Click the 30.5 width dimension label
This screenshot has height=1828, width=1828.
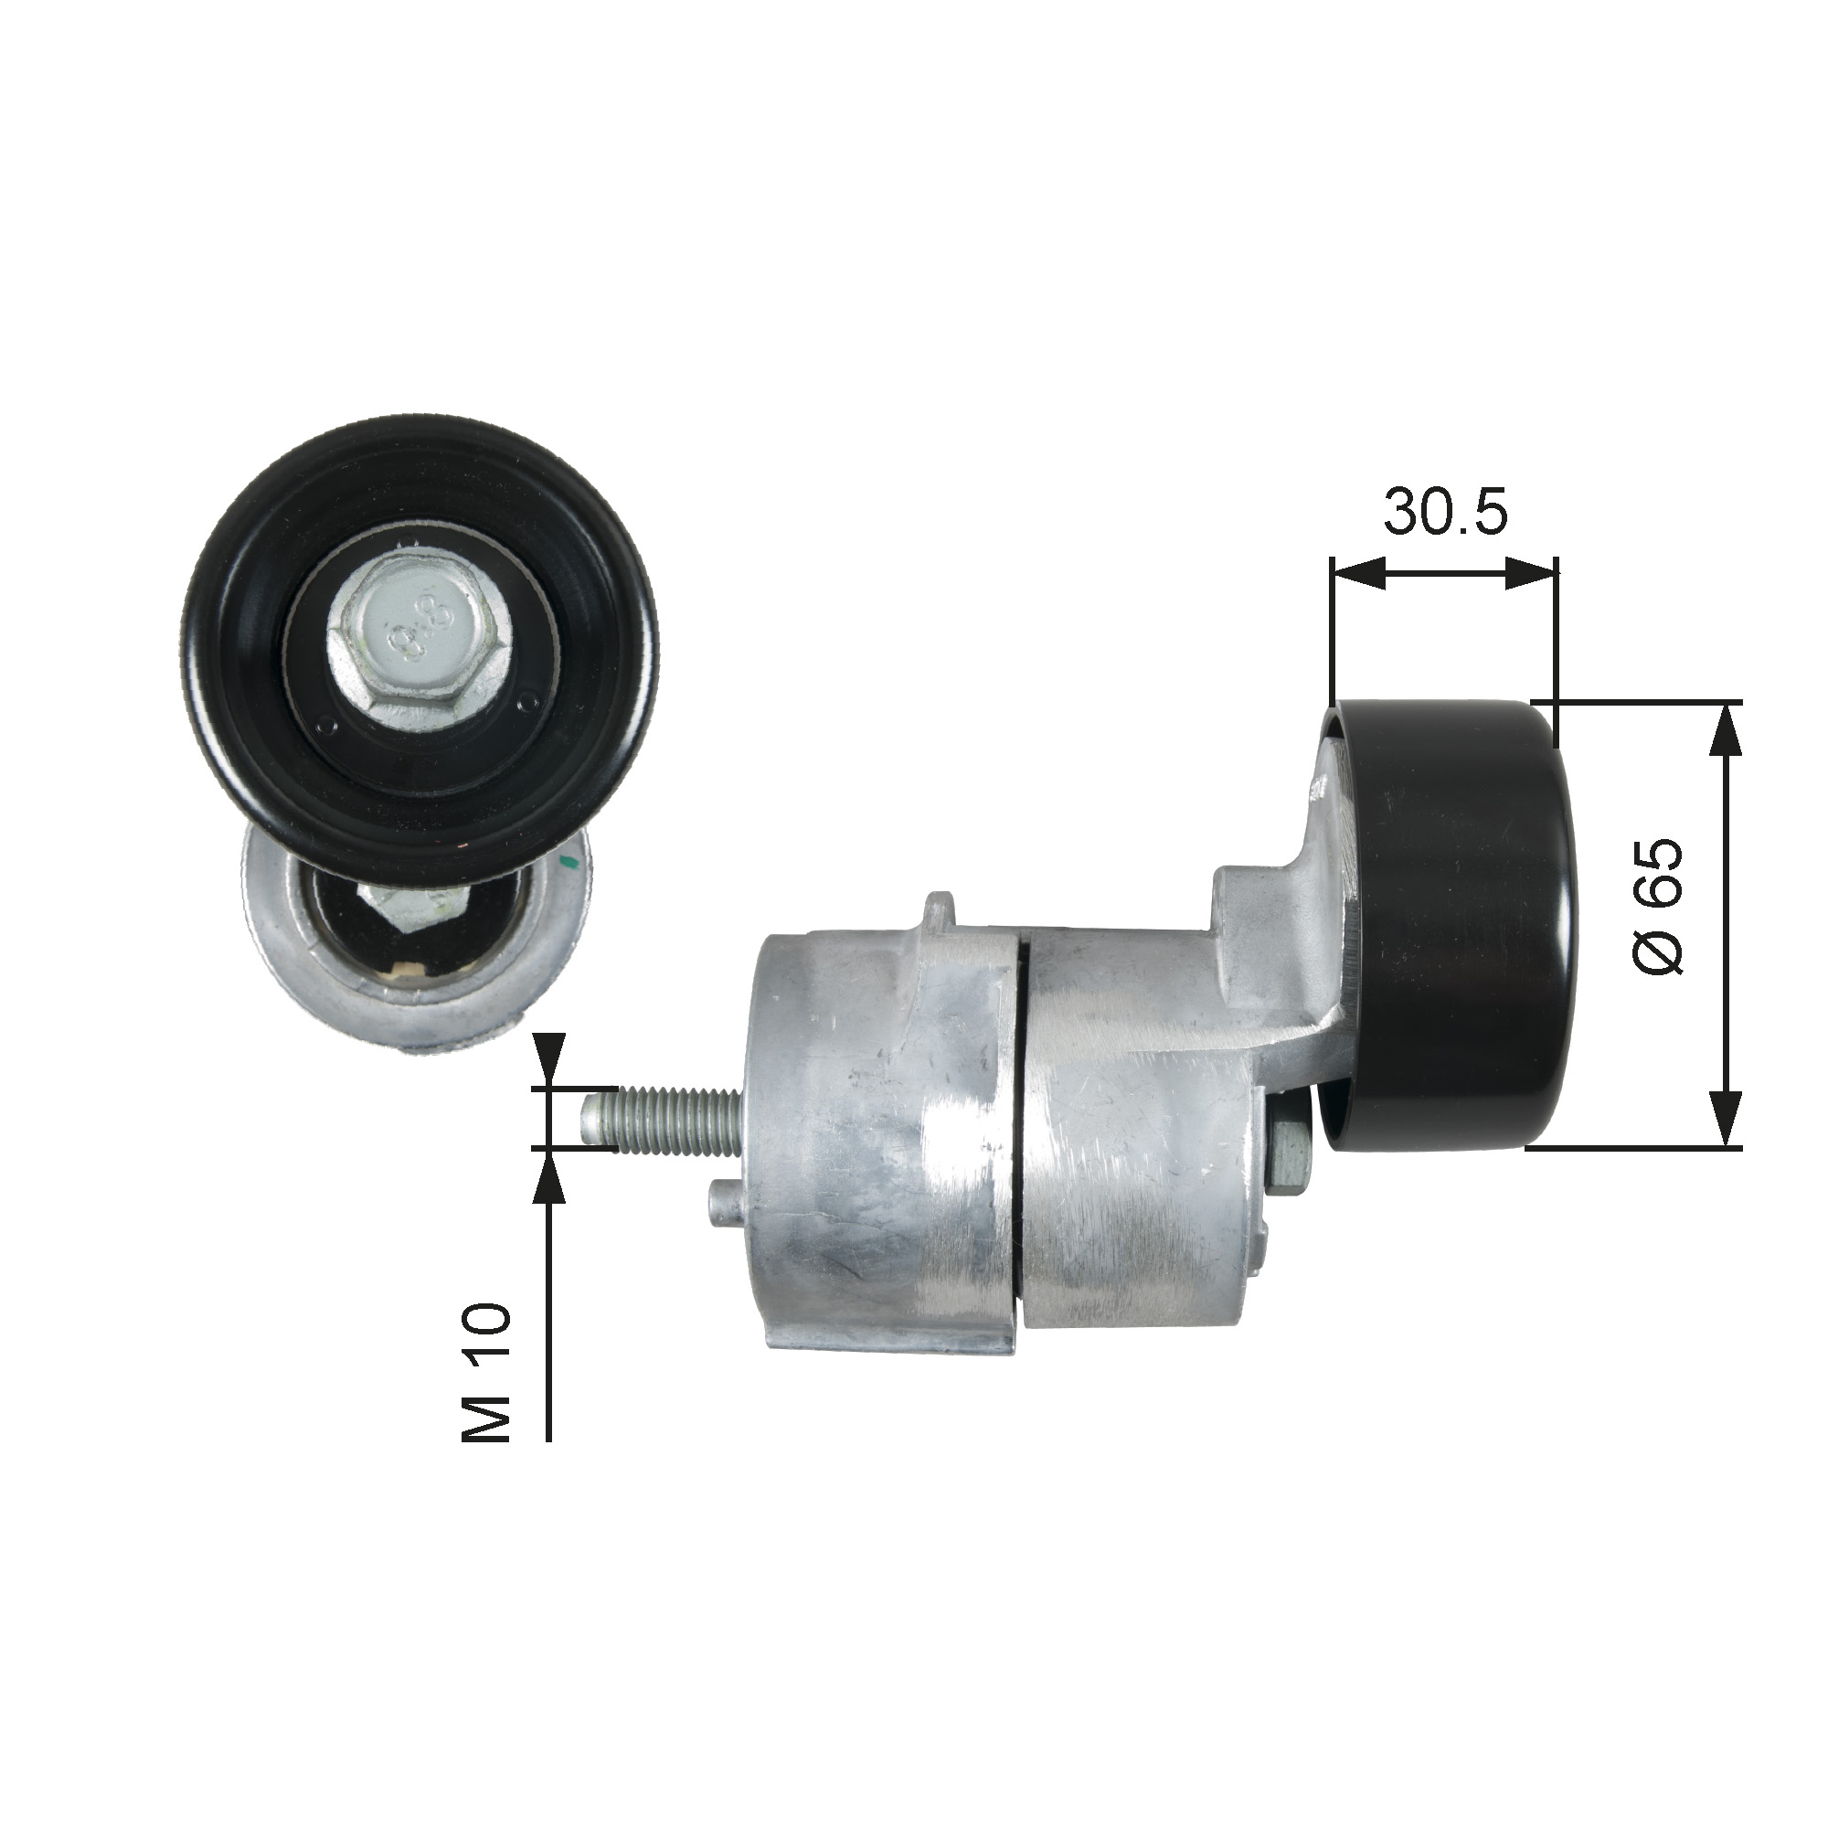tap(1445, 513)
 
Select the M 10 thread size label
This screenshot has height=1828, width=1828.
tap(486, 1388)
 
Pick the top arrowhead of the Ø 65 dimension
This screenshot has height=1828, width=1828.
tap(1727, 728)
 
